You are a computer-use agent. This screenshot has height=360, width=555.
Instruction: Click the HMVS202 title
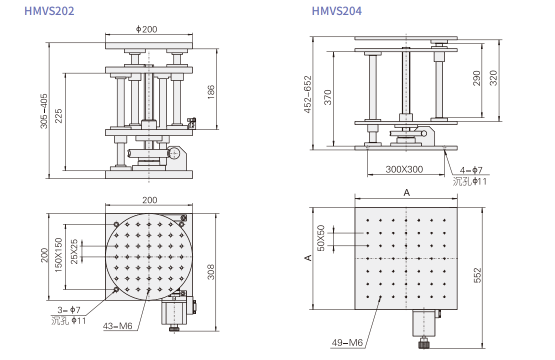click(x=49, y=11)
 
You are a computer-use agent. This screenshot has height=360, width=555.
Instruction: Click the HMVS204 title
click(x=336, y=11)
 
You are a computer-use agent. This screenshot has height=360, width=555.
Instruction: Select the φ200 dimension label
click(x=146, y=29)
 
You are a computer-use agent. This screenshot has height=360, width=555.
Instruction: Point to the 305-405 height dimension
click(x=44, y=111)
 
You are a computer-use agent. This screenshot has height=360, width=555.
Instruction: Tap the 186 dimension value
click(x=211, y=92)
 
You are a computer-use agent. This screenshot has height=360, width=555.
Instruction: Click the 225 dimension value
click(x=58, y=116)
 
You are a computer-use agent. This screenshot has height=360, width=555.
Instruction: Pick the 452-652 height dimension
click(x=307, y=94)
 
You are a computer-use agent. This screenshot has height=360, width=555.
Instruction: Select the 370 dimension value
click(x=328, y=97)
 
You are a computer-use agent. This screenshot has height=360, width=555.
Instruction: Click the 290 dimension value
click(x=477, y=78)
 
